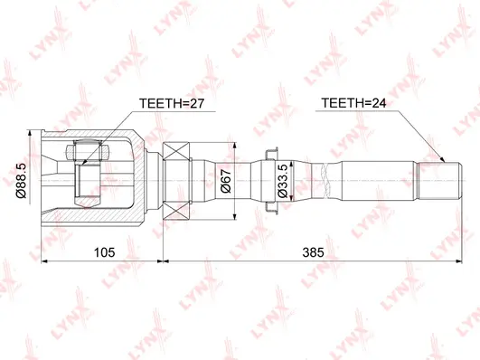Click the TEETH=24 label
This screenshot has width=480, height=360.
(354, 105)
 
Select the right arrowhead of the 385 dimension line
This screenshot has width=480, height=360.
(449, 260)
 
